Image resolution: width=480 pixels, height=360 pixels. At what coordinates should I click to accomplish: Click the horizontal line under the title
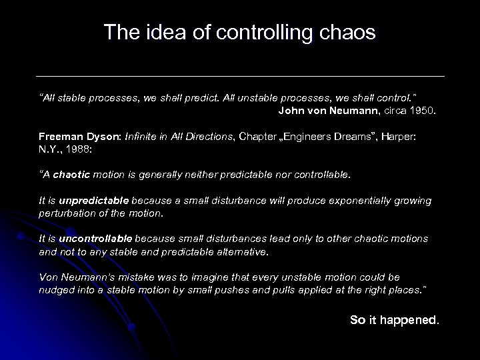click(x=240, y=75)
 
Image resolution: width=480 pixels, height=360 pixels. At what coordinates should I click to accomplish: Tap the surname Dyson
click(x=97, y=136)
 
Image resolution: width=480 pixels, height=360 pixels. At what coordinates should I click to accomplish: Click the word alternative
click(x=241, y=251)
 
